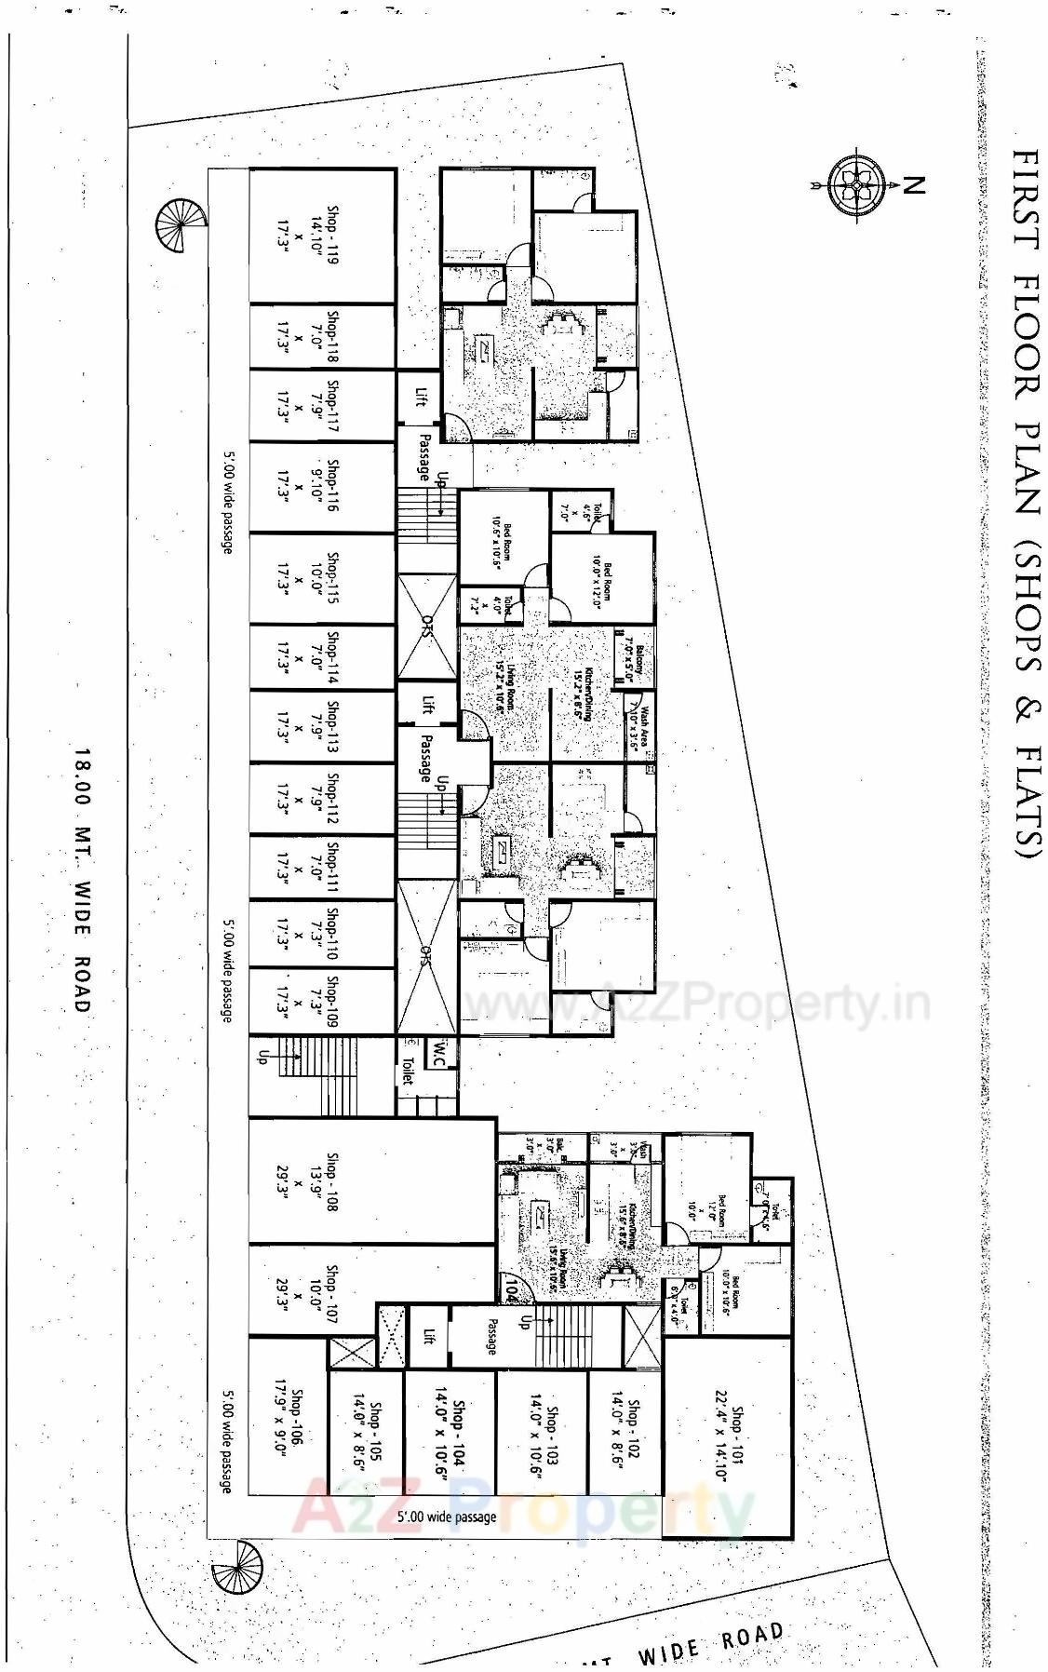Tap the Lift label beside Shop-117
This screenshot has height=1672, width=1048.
click(x=420, y=398)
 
